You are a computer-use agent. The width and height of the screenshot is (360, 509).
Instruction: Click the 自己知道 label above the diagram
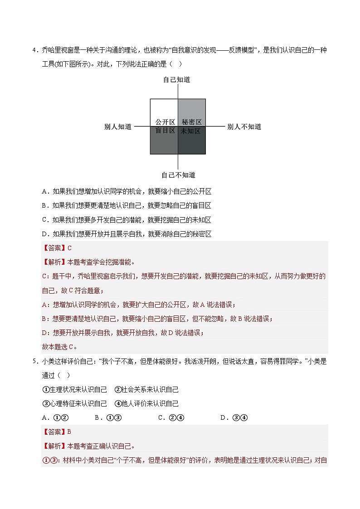click(x=176, y=80)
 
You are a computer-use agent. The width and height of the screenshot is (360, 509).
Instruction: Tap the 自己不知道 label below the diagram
click(x=178, y=175)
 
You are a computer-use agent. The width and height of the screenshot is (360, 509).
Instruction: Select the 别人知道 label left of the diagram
click(x=118, y=127)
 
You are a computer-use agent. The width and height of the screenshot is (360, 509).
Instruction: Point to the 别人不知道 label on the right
click(x=244, y=127)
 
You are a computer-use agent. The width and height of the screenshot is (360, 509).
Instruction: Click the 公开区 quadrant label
click(x=165, y=122)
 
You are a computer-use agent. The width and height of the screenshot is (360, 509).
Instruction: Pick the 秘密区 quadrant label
click(x=191, y=122)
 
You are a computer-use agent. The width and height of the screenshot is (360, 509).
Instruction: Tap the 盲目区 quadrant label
click(x=165, y=131)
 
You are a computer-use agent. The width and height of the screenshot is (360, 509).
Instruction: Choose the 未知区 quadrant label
click(x=190, y=131)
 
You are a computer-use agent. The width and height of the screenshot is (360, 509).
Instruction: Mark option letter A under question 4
click(x=44, y=191)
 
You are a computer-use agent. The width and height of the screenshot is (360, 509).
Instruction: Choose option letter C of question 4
click(x=44, y=220)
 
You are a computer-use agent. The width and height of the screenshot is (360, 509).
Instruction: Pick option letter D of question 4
click(x=44, y=234)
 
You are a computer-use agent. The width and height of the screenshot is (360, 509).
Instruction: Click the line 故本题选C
click(x=59, y=347)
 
